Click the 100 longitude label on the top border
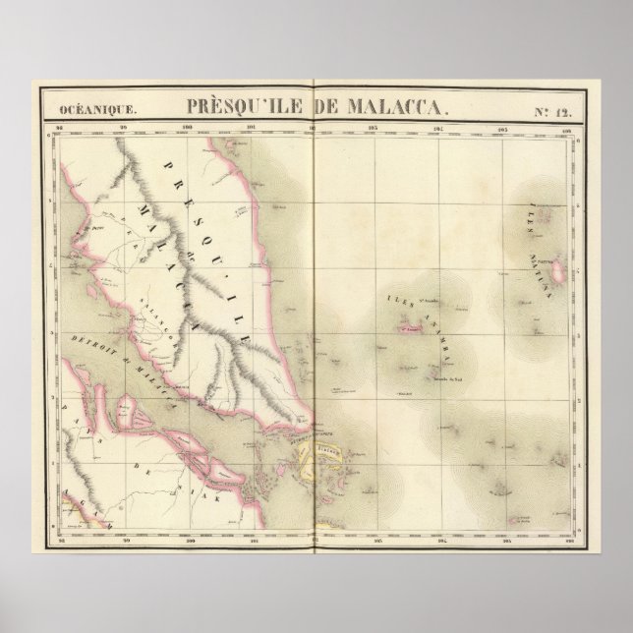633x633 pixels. pyautogui.click(x=186, y=128)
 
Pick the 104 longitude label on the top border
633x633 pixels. pyautogui.click(x=438, y=128)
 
